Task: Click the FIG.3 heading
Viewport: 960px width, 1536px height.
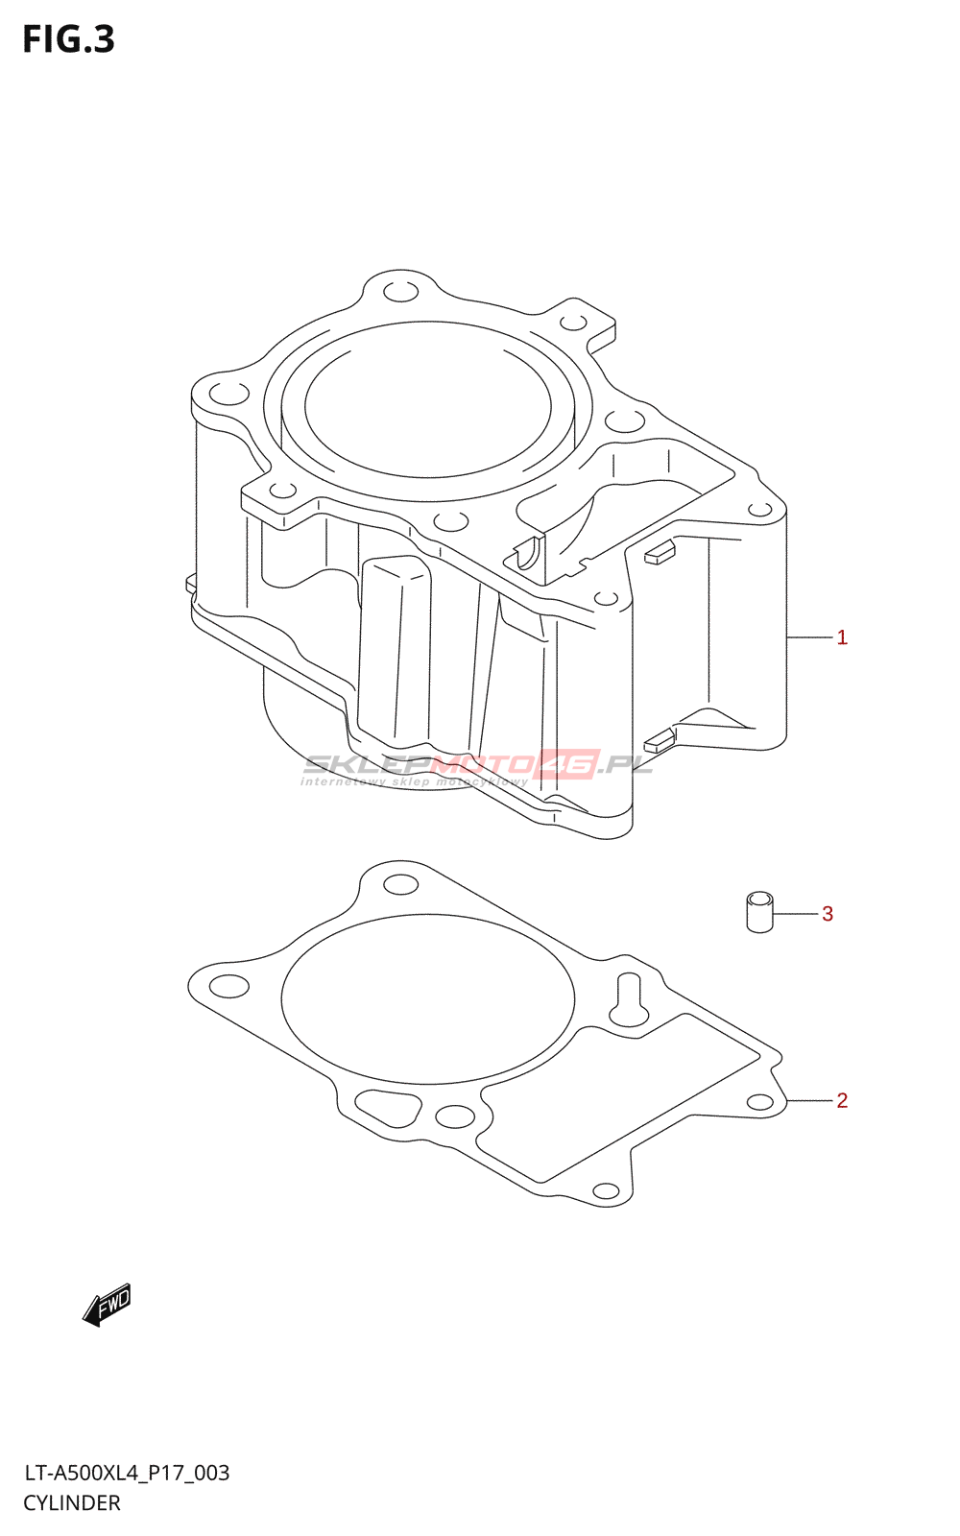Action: point(68,39)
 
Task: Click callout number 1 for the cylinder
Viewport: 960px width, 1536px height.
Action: point(842,637)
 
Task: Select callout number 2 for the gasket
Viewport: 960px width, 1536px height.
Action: point(842,1100)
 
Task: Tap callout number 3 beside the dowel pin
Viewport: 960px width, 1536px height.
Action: point(828,914)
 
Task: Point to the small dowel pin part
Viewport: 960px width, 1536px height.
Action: point(759,912)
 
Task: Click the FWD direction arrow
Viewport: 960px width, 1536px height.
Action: point(107,1305)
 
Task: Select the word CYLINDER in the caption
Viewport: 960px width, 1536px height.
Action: point(72,1503)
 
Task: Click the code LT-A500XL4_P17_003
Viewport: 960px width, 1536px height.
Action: point(127,1473)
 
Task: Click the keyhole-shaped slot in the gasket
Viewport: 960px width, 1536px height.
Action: point(629,999)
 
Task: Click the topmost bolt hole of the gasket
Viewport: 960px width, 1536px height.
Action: point(400,884)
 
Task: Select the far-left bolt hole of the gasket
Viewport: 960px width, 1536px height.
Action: point(228,986)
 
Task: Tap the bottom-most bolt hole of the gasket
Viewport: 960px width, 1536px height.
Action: point(606,1191)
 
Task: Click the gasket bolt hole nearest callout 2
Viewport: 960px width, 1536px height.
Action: point(760,1101)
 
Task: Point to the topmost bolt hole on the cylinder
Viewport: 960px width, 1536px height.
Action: point(400,292)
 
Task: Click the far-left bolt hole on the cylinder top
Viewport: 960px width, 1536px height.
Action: point(228,394)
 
